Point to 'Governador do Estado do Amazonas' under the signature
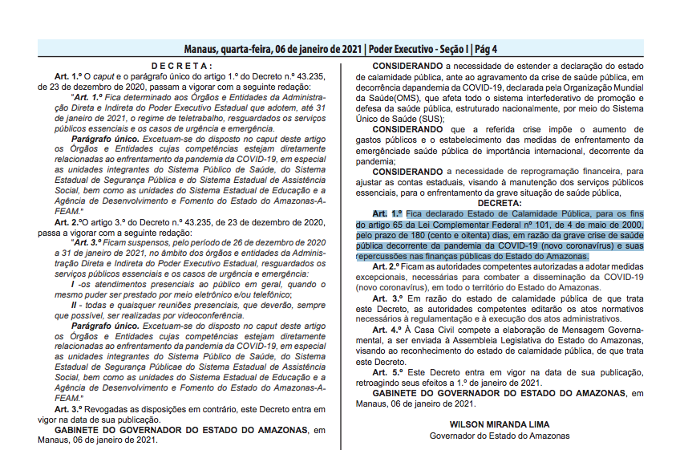(499, 436)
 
